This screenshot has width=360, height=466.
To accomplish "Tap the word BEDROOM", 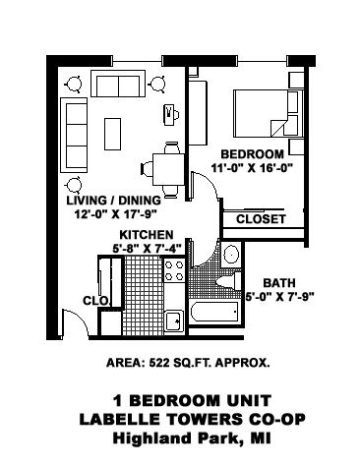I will click(252, 154).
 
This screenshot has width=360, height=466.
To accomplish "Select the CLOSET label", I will click(261, 218).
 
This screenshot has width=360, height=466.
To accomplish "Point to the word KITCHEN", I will click(147, 235).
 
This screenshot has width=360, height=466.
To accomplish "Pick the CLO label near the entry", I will click(94, 301).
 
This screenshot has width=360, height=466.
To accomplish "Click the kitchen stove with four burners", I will click(174, 271).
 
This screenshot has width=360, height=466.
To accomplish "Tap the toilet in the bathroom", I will click(232, 258).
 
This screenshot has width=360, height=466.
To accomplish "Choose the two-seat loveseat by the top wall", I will click(118, 86).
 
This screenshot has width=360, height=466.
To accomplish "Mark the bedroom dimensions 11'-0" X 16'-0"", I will click(252, 168).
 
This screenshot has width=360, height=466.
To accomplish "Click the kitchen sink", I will click(173, 319).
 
